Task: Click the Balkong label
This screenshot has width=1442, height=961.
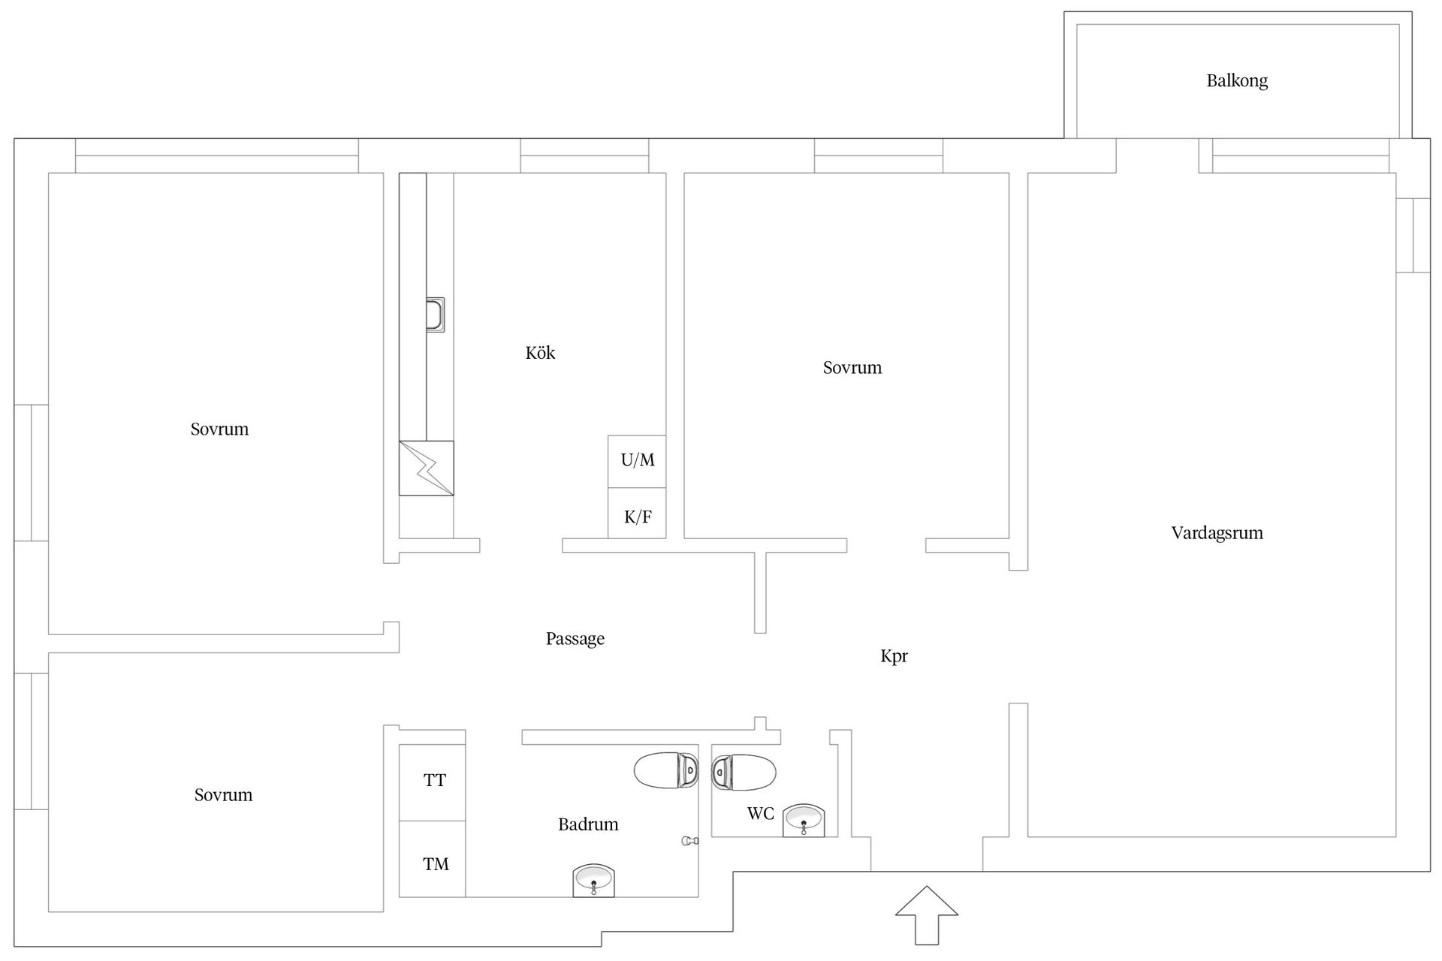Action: (1237, 81)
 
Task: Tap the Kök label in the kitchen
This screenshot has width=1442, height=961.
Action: (540, 353)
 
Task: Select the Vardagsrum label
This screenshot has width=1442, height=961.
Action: (1217, 533)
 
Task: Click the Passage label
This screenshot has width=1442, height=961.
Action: (575, 639)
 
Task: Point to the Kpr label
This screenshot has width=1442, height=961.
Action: (894, 656)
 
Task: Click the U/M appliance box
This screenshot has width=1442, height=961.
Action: (637, 461)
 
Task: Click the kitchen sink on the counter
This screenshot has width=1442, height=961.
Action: (435, 315)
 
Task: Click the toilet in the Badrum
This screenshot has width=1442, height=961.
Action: (666, 770)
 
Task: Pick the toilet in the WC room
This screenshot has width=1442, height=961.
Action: (744, 772)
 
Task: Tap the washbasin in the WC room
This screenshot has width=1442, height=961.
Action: (804, 821)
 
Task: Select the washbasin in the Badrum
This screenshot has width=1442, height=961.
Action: (594, 880)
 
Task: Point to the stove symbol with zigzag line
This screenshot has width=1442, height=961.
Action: (426, 468)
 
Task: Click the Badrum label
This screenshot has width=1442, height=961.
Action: (588, 824)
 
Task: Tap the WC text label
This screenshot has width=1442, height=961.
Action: (760, 814)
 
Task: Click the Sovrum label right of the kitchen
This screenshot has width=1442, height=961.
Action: (852, 368)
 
